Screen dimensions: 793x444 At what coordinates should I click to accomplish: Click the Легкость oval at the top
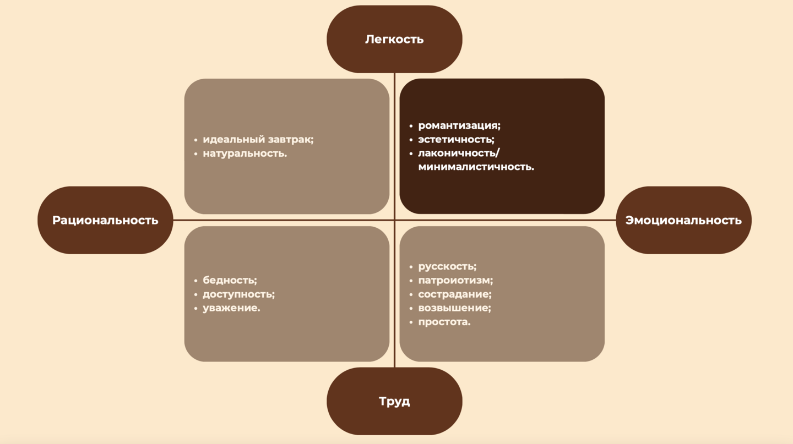(x=394, y=39)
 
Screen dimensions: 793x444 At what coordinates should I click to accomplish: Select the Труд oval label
(x=394, y=401)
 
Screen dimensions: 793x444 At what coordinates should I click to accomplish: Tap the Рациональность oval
(x=105, y=220)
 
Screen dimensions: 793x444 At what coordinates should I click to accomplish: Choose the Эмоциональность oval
(x=683, y=220)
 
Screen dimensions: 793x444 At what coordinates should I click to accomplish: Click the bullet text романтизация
(x=459, y=125)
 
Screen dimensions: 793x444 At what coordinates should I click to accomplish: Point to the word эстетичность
(x=456, y=139)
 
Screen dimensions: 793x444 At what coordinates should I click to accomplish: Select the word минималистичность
(x=476, y=167)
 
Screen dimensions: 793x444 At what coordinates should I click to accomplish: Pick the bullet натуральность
(x=245, y=154)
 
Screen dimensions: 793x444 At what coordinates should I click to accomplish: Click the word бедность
(x=230, y=280)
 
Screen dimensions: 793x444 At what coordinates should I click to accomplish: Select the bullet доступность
(x=238, y=294)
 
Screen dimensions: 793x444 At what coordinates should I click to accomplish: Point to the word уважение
(x=231, y=308)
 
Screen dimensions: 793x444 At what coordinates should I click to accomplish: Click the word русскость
(x=447, y=266)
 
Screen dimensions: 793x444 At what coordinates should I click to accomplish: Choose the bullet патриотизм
(x=455, y=281)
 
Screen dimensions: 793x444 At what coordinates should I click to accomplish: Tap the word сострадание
(x=454, y=294)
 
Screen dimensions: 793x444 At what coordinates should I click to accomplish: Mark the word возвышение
(x=454, y=308)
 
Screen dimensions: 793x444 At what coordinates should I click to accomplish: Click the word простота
(x=444, y=322)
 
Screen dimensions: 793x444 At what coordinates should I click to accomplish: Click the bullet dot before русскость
(x=411, y=267)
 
